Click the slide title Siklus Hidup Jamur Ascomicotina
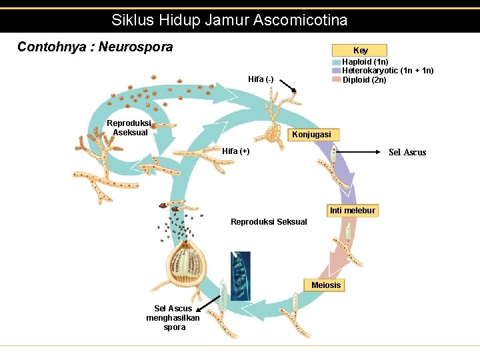229,20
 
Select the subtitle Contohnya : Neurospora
95,47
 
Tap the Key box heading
360,50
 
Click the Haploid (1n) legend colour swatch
337,61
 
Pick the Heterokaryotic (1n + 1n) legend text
387,71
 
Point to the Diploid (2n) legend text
364,80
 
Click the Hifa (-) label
261,79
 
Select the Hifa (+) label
236,151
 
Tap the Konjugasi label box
311,135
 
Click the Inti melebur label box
352,211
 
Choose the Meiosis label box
326,285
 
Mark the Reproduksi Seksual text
269,222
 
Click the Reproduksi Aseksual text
130,127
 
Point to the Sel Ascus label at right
407,153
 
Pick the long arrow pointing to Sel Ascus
360,152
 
